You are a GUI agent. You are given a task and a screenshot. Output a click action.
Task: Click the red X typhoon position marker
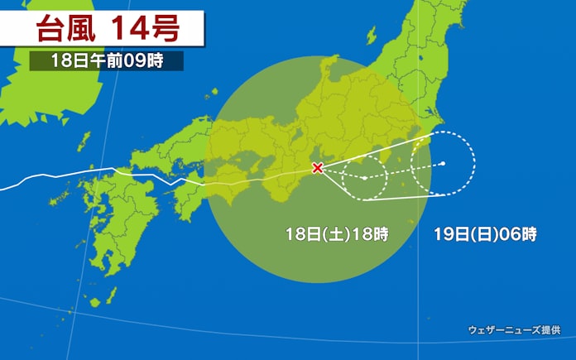pos(317,168)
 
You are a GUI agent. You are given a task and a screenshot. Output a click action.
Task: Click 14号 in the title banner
pos(148,30)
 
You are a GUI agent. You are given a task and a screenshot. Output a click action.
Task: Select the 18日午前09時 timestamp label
pos(106,61)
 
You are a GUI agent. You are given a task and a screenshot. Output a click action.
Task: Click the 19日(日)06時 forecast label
pos(485,234)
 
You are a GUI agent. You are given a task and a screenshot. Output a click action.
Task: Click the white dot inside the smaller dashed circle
pos(364,177)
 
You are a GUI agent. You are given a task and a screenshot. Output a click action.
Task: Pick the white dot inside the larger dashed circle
pos(443,164)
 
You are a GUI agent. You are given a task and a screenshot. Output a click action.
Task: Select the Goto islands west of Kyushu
pos(58,199)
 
